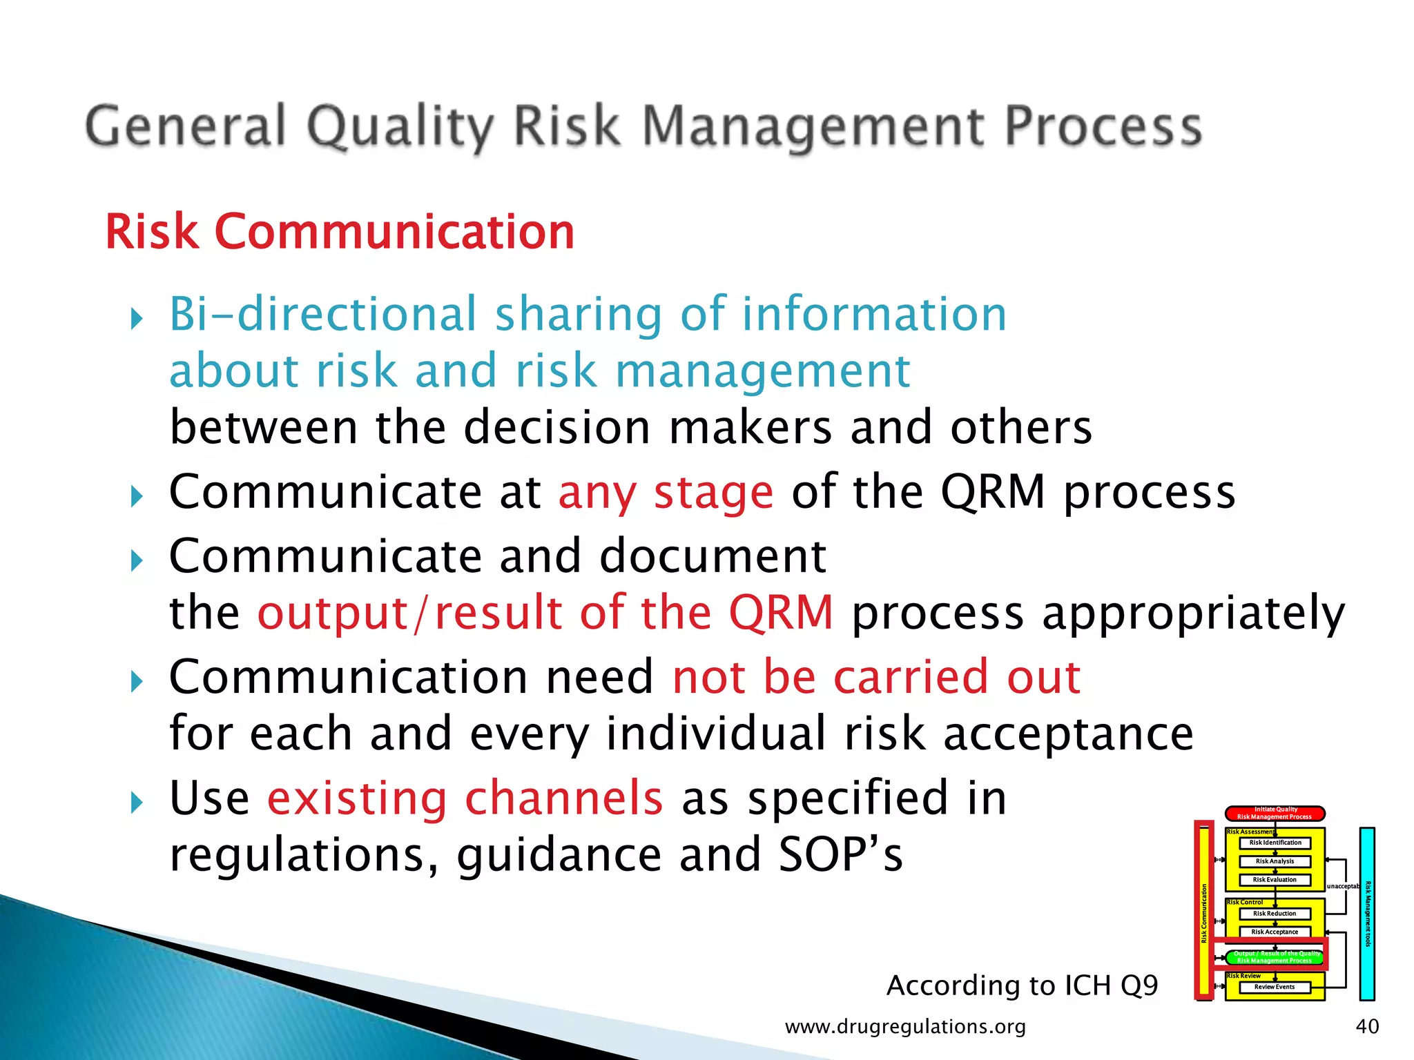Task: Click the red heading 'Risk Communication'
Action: click(340, 232)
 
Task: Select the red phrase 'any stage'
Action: click(666, 493)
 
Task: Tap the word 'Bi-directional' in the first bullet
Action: click(323, 314)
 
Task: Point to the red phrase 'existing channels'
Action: click(465, 798)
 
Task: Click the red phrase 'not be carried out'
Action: click(876, 677)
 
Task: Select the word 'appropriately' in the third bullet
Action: click(1098, 613)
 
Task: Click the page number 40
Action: click(1367, 1026)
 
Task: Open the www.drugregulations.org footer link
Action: click(905, 1027)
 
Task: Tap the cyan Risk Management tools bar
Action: click(1367, 914)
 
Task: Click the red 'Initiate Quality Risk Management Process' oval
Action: click(1275, 813)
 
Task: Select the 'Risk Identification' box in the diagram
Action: click(1275, 843)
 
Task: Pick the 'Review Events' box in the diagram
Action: click(1275, 987)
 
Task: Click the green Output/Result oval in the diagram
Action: click(1275, 956)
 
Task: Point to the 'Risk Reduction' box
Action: click(1275, 913)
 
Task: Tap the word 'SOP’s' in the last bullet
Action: click(840, 855)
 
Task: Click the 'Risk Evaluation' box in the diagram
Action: click(1275, 880)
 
